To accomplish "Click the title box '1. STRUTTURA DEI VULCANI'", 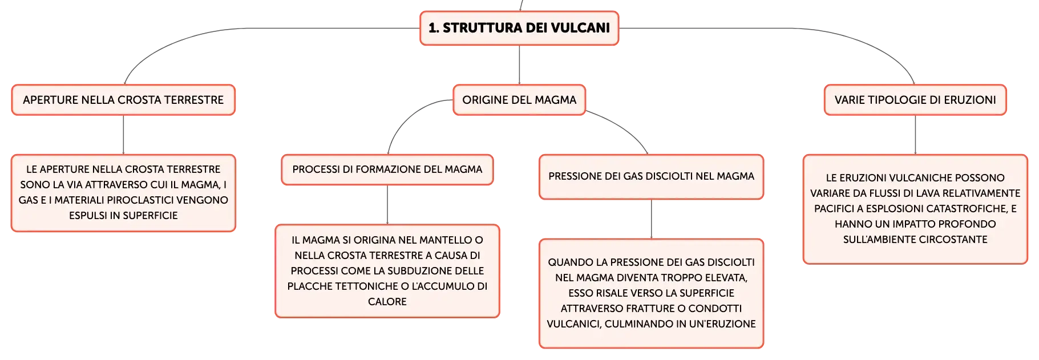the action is pyautogui.click(x=519, y=28).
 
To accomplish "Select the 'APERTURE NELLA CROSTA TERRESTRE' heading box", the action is pyautogui.click(x=123, y=100).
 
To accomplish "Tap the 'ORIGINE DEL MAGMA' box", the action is pyautogui.click(x=519, y=100).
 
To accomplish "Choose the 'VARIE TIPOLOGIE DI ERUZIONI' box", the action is pyautogui.click(x=915, y=100).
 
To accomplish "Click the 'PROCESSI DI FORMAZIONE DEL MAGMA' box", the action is pyautogui.click(x=387, y=169).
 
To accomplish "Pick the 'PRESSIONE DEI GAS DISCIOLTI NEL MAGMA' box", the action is pyautogui.click(x=651, y=176).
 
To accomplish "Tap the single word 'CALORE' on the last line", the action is pyautogui.click(x=387, y=302).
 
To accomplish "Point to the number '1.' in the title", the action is pyautogui.click(x=434, y=28).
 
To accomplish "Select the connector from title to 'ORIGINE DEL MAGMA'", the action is pyautogui.click(x=519, y=65).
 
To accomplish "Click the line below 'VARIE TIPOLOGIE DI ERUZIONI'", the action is pyautogui.click(x=915, y=135).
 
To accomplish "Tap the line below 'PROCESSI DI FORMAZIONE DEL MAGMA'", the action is pyautogui.click(x=387, y=205).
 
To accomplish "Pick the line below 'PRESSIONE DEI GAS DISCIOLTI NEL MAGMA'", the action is pyautogui.click(x=651, y=219).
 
